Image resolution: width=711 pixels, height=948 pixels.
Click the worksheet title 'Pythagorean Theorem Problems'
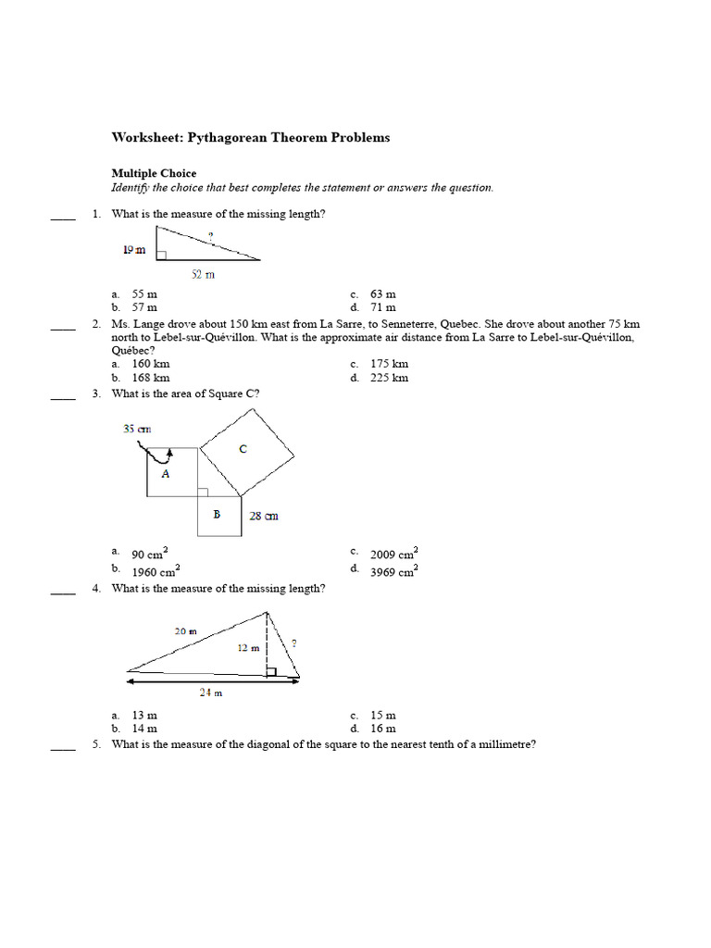[251, 138]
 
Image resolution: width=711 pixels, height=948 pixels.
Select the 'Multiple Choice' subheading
[154, 173]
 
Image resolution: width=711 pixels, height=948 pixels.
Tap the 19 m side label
[134, 249]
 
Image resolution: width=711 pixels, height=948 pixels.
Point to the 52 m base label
[203, 274]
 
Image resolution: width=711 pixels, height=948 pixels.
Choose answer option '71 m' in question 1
[383, 307]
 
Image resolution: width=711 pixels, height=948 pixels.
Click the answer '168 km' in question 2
[151, 378]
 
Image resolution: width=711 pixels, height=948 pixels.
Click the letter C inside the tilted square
[243, 449]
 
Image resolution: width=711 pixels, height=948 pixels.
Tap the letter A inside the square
[166, 472]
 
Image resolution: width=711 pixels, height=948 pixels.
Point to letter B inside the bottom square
[217, 514]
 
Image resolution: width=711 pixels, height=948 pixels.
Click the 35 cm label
[136, 429]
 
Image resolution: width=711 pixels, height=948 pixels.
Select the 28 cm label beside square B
[264, 516]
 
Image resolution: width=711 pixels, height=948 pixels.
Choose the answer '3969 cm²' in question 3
[393, 571]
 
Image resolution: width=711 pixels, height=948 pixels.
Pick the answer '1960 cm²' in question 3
[155, 571]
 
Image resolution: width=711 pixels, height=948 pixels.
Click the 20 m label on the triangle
[185, 630]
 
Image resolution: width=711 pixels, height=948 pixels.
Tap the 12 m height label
[247, 648]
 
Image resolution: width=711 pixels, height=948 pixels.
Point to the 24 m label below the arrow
[212, 693]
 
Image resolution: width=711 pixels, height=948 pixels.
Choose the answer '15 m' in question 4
[383, 716]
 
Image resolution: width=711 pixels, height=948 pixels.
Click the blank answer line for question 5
[63, 750]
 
